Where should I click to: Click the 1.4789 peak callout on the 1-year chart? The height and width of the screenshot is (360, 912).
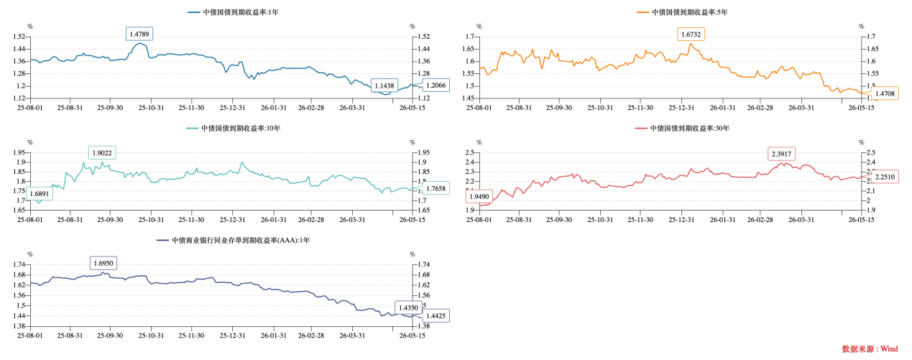pyautogui.click(x=139, y=34)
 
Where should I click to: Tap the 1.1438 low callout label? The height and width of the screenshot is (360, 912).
pyautogui.click(x=384, y=86)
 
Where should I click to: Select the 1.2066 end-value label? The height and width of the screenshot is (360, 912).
pyautogui.click(x=436, y=85)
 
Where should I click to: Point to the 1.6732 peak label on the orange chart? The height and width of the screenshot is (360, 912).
pyautogui.click(x=691, y=34)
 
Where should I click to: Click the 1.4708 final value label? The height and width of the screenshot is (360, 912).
pyautogui.click(x=885, y=93)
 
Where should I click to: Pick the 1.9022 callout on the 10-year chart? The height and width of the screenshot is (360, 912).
pyautogui.click(x=102, y=153)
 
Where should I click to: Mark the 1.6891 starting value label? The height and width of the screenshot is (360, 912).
pyautogui.click(x=40, y=194)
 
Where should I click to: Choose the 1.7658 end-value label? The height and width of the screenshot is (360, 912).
pyautogui.click(x=436, y=188)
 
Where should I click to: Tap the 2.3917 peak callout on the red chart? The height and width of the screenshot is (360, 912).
pyautogui.click(x=781, y=154)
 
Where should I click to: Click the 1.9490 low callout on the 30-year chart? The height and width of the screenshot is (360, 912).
pyautogui.click(x=479, y=196)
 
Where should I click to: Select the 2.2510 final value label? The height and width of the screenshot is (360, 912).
pyautogui.click(x=885, y=177)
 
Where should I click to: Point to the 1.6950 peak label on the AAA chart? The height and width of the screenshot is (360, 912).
pyautogui.click(x=103, y=263)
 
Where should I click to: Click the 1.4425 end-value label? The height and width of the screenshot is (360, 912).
pyautogui.click(x=436, y=315)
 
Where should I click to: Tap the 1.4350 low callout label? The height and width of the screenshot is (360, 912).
pyautogui.click(x=408, y=308)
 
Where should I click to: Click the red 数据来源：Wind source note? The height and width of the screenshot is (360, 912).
pyautogui.click(x=870, y=349)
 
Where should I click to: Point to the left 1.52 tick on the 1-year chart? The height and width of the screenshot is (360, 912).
pyautogui.click(x=19, y=37)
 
